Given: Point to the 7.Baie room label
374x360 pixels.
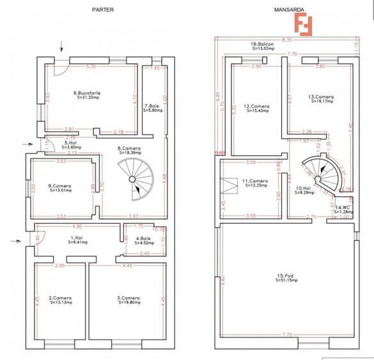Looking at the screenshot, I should [x=152, y=107].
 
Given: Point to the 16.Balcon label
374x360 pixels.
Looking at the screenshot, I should [x=263, y=46].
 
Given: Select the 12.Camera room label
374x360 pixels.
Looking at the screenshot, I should [x=256, y=108].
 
